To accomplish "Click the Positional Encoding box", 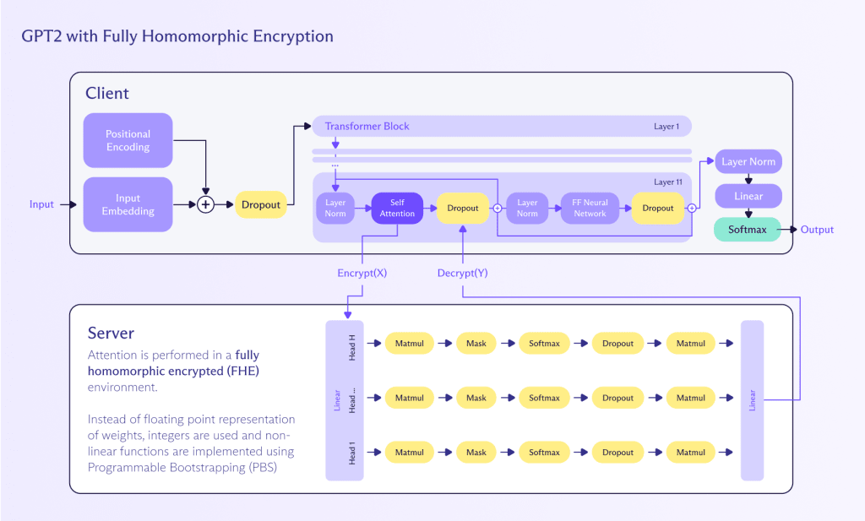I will click(128, 140).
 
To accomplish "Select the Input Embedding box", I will click(128, 204).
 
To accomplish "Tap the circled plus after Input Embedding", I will click(205, 204).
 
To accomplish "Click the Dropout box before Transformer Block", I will click(260, 204).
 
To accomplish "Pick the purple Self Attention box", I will click(397, 208).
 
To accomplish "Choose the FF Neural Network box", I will click(590, 208).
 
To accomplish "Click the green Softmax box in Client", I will click(746, 230).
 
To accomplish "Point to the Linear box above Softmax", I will click(748, 196).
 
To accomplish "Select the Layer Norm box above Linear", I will click(748, 161).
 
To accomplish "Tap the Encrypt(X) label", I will click(362, 273).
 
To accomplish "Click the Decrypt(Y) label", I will click(462, 273).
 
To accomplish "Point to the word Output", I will click(817, 230).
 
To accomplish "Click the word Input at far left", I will click(41, 204).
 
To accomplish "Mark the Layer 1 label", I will click(666, 127).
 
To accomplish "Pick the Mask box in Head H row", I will click(476, 343).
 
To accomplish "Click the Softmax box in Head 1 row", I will click(544, 453).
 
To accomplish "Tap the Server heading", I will click(111, 334).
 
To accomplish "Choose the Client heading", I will click(107, 93).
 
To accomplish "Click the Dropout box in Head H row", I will click(617, 343).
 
